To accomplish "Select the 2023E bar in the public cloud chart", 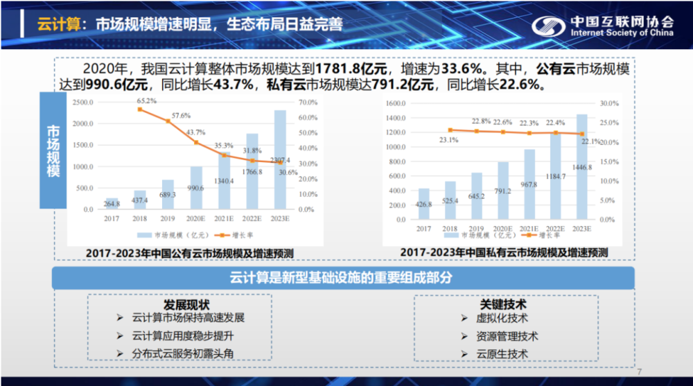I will point(280,160).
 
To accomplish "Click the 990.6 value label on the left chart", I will point(197,188).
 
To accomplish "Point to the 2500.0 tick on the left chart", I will point(82,103).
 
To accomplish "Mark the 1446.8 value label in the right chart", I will point(582,167).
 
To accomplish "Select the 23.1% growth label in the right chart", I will point(449,140).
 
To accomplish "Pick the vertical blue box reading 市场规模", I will point(53,151).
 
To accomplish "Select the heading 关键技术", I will point(504,304).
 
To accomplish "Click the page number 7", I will point(639,370).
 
